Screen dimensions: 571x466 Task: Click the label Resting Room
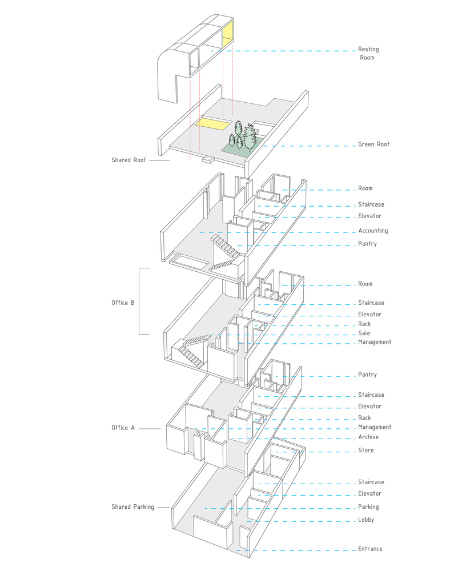coord(368,53)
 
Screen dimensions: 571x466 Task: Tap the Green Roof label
coord(373,144)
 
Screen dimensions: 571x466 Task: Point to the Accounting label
coord(373,231)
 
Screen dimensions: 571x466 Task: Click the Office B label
coord(123,303)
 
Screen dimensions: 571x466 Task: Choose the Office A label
coord(123,428)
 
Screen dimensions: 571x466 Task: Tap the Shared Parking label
coord(132,507)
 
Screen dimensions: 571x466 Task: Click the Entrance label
coord(370,549)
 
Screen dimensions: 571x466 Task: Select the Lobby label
coord(366,520)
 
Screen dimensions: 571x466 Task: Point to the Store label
coord(366,451)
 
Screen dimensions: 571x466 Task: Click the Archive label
coord(368,437)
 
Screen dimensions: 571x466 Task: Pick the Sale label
coord(364,333)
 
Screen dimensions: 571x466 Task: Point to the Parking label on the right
coord(368,507)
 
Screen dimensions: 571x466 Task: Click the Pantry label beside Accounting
coord(367,244)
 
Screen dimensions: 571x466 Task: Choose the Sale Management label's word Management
coord(375,342)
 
